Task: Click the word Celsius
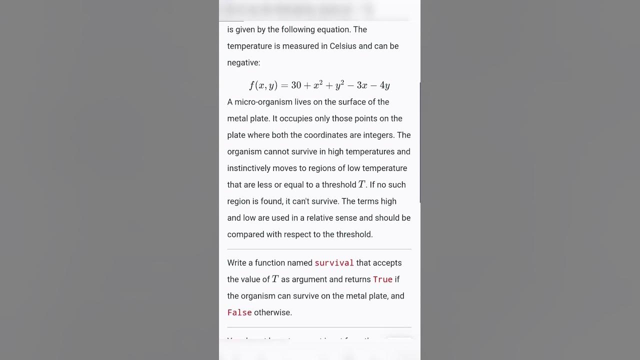[x=343, y=46]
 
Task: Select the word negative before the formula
[x=243, y=62]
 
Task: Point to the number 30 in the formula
[x=296, y=85]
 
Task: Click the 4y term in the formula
[x=384, y=85]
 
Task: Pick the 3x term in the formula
[x=362, y=85]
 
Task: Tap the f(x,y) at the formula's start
[x=263, y=85]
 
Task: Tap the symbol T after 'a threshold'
[x=361, y=184]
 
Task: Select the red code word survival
[x=334, y=263]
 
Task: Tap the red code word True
[x=382, y=279]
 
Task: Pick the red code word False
[x=239, y=312]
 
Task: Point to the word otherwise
[x=272, y=312]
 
